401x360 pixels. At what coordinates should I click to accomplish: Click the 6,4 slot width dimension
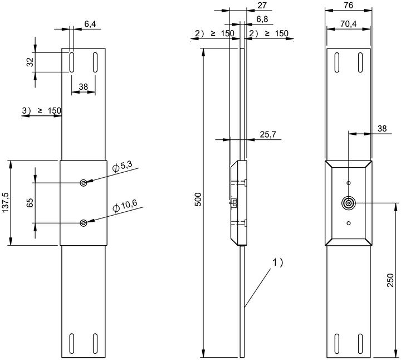click(90, 25)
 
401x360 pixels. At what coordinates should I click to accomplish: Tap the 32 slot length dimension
click(30, 62)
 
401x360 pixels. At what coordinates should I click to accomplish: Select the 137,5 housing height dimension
click(6, 202)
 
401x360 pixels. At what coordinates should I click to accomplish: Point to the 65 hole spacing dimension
click(30, 203)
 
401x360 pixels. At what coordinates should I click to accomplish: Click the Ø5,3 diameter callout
click(122, 167)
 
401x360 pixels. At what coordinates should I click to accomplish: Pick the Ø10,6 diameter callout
click(125, 206)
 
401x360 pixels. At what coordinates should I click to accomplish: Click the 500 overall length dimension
click(198, 200)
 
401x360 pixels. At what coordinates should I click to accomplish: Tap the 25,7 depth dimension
click(268, 135)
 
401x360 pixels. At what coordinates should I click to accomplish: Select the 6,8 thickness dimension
click(262, 19)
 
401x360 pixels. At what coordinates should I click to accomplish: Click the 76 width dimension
click(348, 5)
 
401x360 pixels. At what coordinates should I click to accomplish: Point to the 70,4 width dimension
click(348, 24)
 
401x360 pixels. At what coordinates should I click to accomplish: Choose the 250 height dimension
click(390, 280)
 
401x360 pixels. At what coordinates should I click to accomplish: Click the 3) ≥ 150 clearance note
click(41, 111)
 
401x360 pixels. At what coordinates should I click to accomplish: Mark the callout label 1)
click(277, 262)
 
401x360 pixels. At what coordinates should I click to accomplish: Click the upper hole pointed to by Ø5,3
click(84, 183)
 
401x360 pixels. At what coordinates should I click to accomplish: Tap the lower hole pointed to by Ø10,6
click(84, 223)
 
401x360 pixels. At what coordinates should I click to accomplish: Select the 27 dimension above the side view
click(262, 5)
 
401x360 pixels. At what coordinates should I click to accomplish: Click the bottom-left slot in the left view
click(72, 344)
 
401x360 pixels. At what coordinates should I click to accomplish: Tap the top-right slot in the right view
click(360, 62)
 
